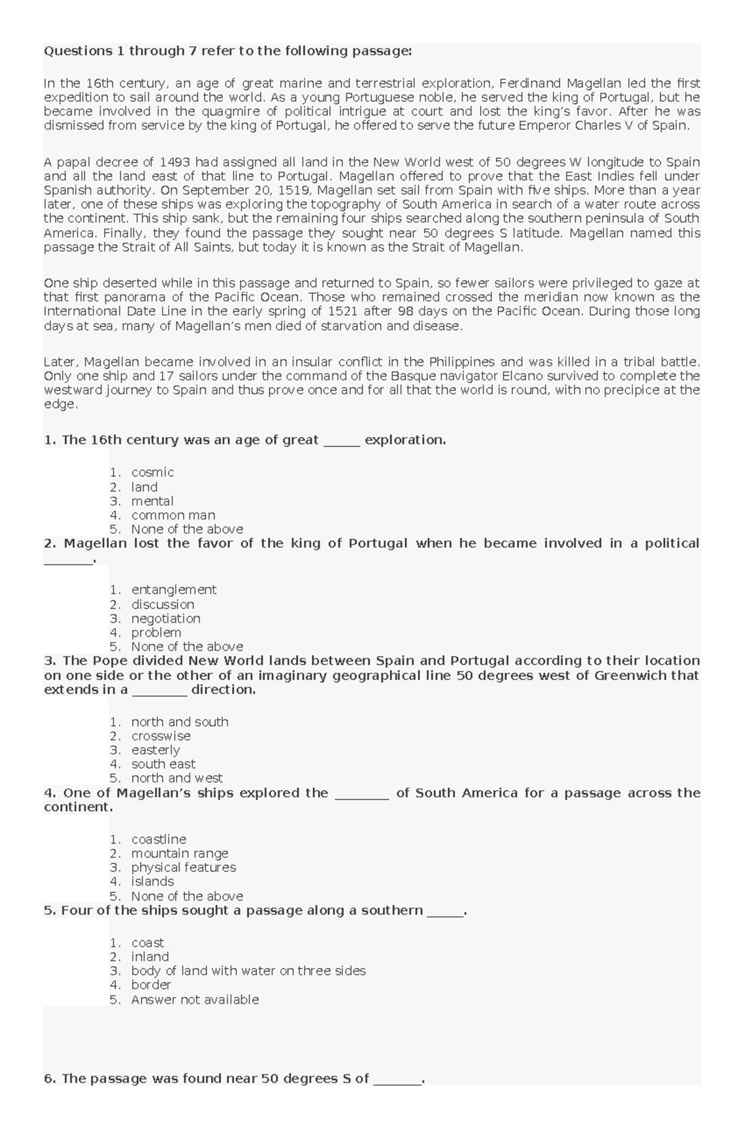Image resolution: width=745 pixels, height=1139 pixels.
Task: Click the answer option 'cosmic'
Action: (152, 472)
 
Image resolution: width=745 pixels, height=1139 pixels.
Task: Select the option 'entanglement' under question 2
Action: (173, 590)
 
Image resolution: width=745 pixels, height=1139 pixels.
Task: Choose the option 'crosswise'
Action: (161, 736)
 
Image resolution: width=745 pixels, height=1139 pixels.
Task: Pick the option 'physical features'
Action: (183, 867)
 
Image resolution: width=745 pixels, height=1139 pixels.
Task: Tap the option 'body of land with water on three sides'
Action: (248, 971)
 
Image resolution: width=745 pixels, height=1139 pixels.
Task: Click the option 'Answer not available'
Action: (194, 999)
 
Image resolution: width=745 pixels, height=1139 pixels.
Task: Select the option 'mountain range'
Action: (179, 853)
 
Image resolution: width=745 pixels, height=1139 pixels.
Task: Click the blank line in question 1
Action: (341, 441)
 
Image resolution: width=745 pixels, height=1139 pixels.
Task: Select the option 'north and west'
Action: (176, 778)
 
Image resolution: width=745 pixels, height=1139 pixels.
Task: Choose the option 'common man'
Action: (173, 515)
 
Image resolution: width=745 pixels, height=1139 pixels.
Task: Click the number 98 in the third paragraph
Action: (405, 312)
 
